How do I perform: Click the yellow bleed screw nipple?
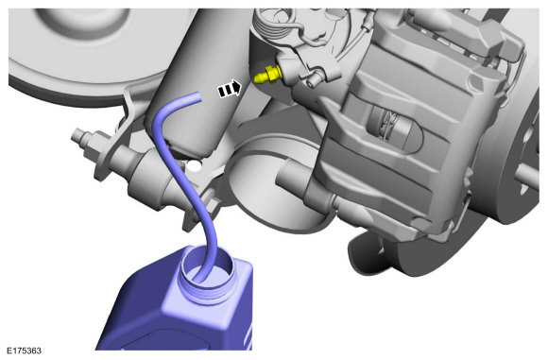tap(266, 76)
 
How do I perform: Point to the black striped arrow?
tap(230, 89)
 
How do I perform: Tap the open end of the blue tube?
tap(198, 97)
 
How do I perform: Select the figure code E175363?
tap(25, 351)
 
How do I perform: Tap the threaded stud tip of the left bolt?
tap(77, 136)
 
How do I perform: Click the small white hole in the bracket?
tap(195, 166)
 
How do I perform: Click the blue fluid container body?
tap(175, 308)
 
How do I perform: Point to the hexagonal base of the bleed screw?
tap(272, 74)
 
